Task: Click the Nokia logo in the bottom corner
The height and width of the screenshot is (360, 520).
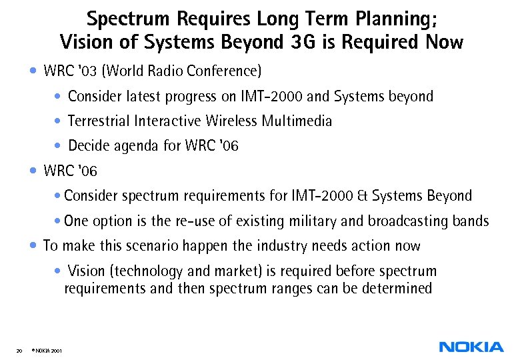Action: [471, 347]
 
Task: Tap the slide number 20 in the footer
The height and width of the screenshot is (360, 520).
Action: [19, 350]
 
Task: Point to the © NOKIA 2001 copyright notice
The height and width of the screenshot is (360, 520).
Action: [45, 350]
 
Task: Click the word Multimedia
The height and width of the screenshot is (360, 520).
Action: [297, 121]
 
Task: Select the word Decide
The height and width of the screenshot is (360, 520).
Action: [89, 145]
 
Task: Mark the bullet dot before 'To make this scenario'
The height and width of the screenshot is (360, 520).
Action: [34, 245]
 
